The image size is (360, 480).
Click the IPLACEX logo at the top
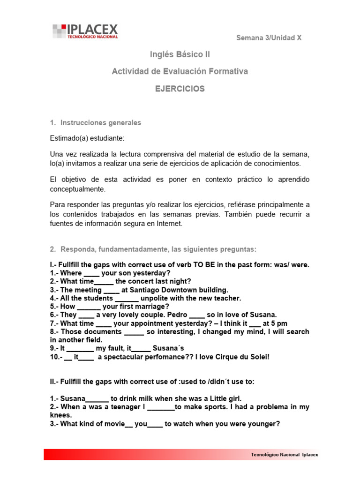tap(85, 31)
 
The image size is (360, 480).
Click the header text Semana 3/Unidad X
tap(269, 38)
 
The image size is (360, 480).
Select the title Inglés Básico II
tap(180, 54)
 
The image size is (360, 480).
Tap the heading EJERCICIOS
tap(180, 89)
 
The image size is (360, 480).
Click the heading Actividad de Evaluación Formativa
tap(180, 71)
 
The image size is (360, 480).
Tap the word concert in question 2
tap(143, 281)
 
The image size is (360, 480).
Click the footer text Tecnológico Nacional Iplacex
tap(284, 455)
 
